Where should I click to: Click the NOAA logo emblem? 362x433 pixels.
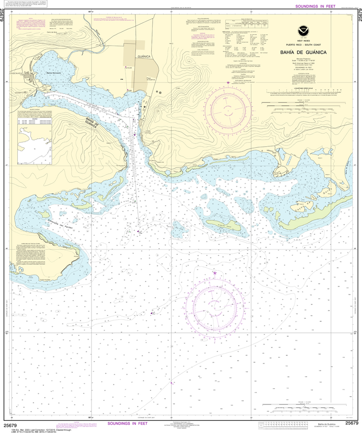(303, 30)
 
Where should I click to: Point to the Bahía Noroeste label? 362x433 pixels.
(54, 73)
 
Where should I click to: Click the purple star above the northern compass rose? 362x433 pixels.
(228, 83)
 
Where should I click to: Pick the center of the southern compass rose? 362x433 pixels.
(215, 303)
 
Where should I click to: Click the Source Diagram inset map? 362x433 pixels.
(34, 146)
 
